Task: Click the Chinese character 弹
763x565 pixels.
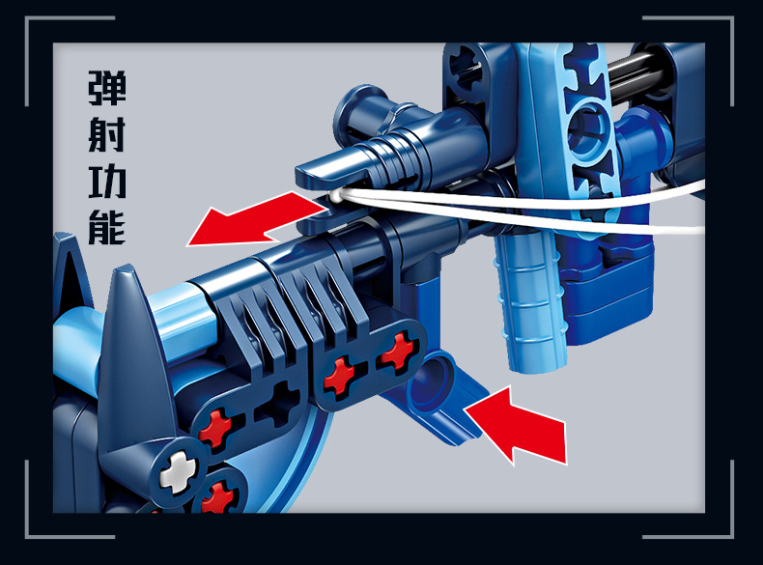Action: tap(107, 88)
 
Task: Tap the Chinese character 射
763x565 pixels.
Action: tap(107, 134)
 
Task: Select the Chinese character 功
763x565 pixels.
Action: tap(107, 181)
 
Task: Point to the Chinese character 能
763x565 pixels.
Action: tap(107, 227)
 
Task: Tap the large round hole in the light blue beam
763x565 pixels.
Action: tap(590, 129)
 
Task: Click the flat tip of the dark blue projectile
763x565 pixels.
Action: tap(322, 169)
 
